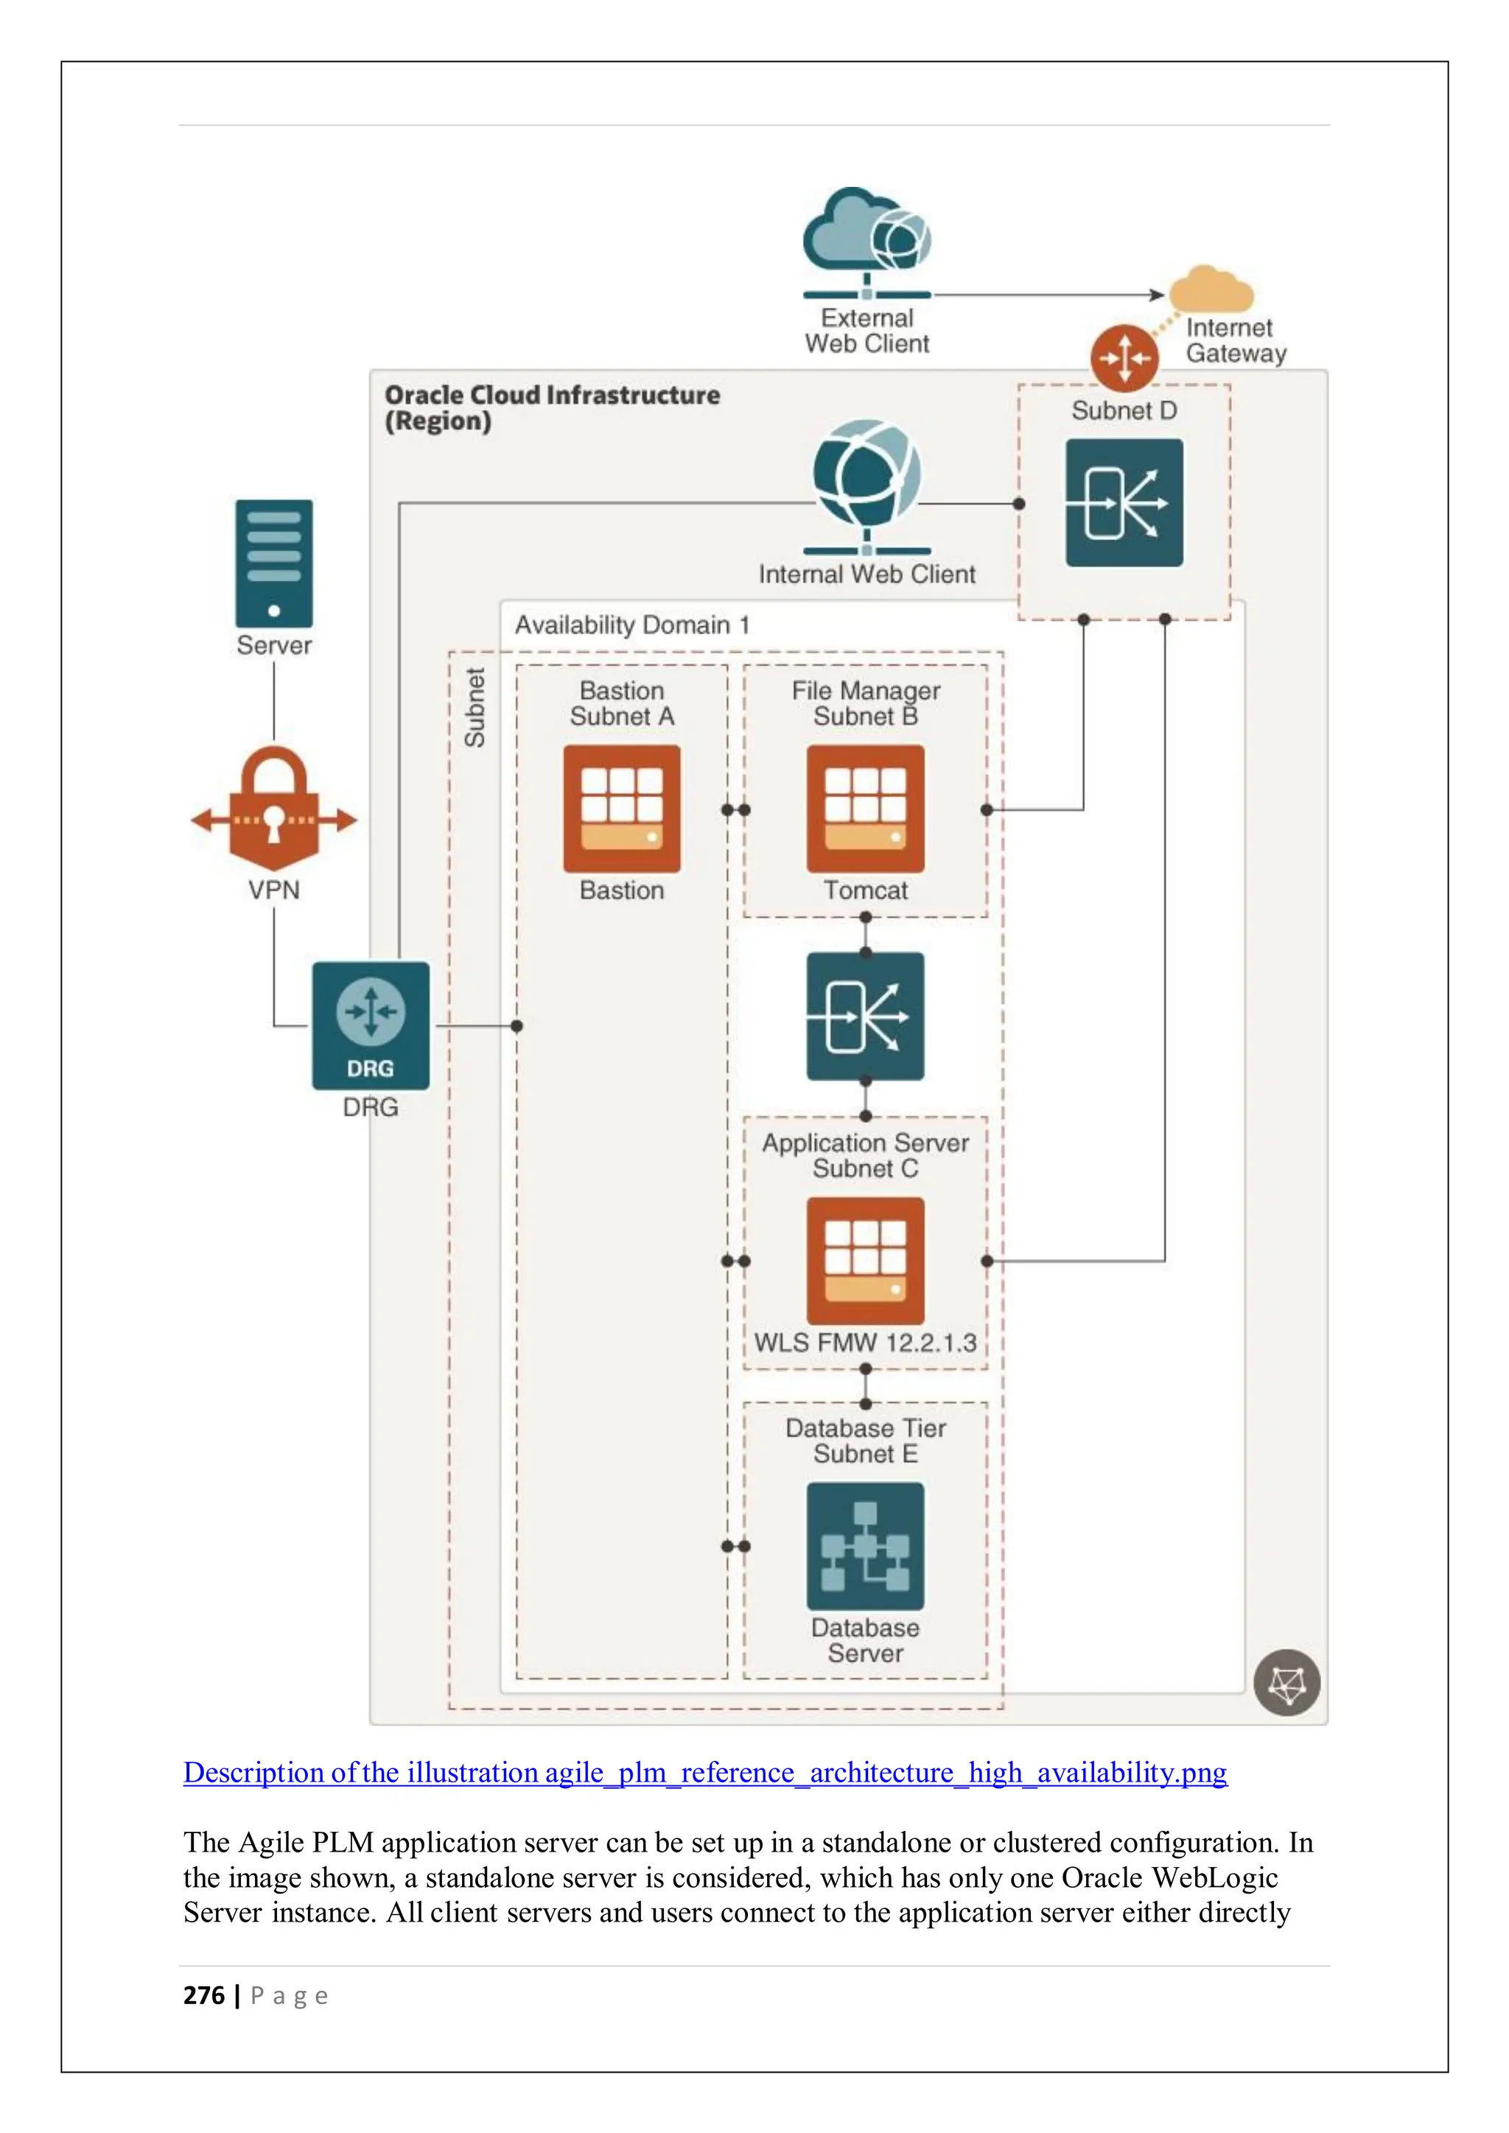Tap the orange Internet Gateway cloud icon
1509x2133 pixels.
point(1210,291)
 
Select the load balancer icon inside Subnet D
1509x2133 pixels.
point(1124,502)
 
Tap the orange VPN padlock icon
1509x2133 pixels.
point(274,807)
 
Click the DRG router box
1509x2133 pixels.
point(371,1025)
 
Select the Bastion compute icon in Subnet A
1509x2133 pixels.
point(622,808)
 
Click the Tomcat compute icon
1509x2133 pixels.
point(865,808)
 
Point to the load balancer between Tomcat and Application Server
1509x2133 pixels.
point(865,1016)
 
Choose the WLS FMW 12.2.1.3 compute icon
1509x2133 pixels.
point(865,1261)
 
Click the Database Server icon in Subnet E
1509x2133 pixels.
point(865,1546)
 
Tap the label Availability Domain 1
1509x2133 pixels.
point(632,625)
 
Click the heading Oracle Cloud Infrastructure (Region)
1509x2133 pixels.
point(552,408)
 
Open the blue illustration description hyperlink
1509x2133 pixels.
point(704,1773)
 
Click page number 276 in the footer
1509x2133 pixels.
point(204,1995)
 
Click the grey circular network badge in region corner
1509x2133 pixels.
point(1287,1682)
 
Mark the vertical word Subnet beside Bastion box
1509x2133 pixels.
point(475,707)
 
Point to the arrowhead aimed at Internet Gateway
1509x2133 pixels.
point(1158,295)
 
